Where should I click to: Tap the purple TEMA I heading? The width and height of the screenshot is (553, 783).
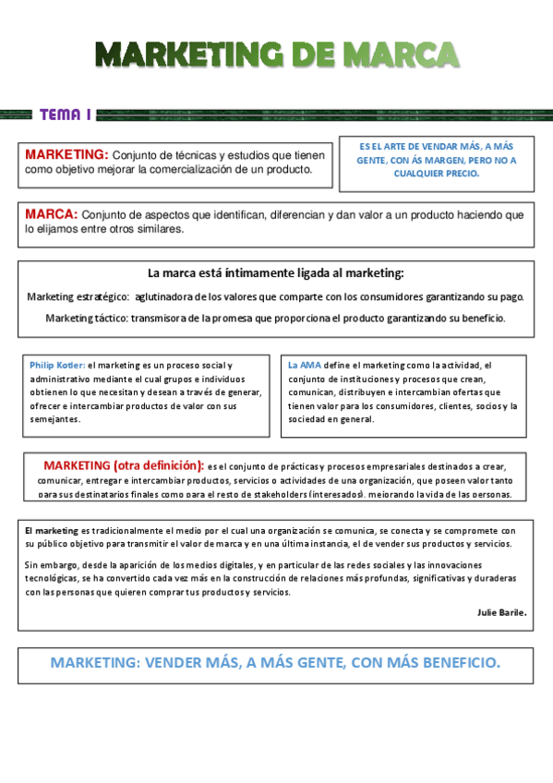tap(65, 114)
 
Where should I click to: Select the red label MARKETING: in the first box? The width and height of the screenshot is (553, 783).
tap(67, 154)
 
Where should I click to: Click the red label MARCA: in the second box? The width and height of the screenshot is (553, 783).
tap(52, 214)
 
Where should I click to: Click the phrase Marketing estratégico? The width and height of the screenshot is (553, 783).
tap(78, 296)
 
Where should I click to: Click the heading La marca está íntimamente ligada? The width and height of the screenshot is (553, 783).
tap(275, 273)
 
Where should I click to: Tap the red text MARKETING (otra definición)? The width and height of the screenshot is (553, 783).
tap(124, 464)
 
